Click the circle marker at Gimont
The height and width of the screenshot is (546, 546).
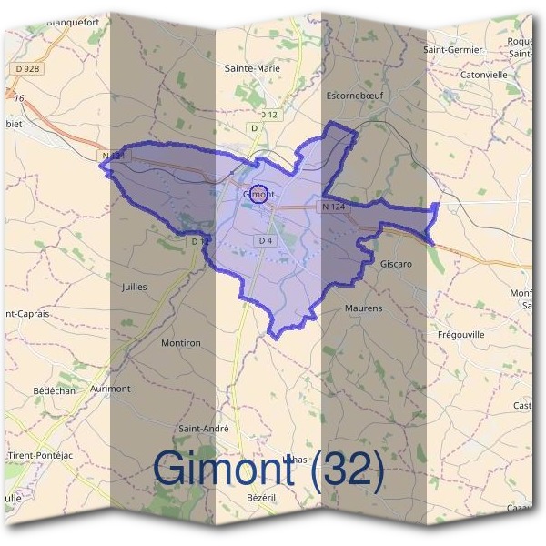pos(258,194)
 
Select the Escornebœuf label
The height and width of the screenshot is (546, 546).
pos(356,95)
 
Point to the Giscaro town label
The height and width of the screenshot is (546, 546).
pos(396,264)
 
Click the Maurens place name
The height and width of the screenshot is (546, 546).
pos(363,308)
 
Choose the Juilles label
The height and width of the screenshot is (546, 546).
pos(134,286)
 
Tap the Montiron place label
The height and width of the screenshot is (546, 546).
pos(180,342)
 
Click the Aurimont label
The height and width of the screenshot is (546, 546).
pos(111,388)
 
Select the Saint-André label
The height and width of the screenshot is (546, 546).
pos(204,428)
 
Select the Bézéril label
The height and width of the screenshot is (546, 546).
pos(260,498)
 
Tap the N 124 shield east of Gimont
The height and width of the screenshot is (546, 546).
pos(333,207)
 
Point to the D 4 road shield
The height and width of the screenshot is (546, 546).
pos(266,240)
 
